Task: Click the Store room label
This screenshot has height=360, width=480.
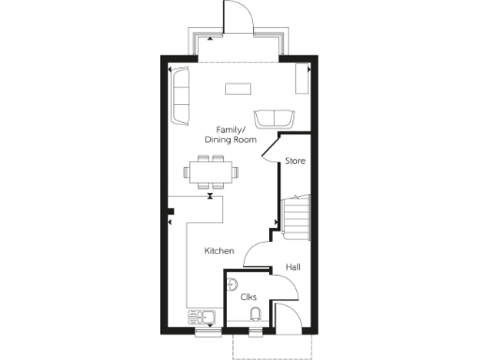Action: [x=295, y=160]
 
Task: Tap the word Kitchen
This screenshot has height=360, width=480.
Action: [x=219, y=251]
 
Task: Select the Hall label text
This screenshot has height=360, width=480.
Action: [x=293, y=268]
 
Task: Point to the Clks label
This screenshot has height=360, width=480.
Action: [x=248, y=297]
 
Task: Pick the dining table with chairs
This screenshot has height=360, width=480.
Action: [x=212, y=172]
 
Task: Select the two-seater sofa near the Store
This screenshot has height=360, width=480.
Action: [x=273, y=118]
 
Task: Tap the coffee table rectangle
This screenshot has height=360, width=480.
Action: [x=238, y=90]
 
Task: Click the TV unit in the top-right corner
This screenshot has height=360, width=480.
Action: [x=302, y=80]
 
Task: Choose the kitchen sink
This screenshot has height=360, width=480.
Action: [x=202, y=317]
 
